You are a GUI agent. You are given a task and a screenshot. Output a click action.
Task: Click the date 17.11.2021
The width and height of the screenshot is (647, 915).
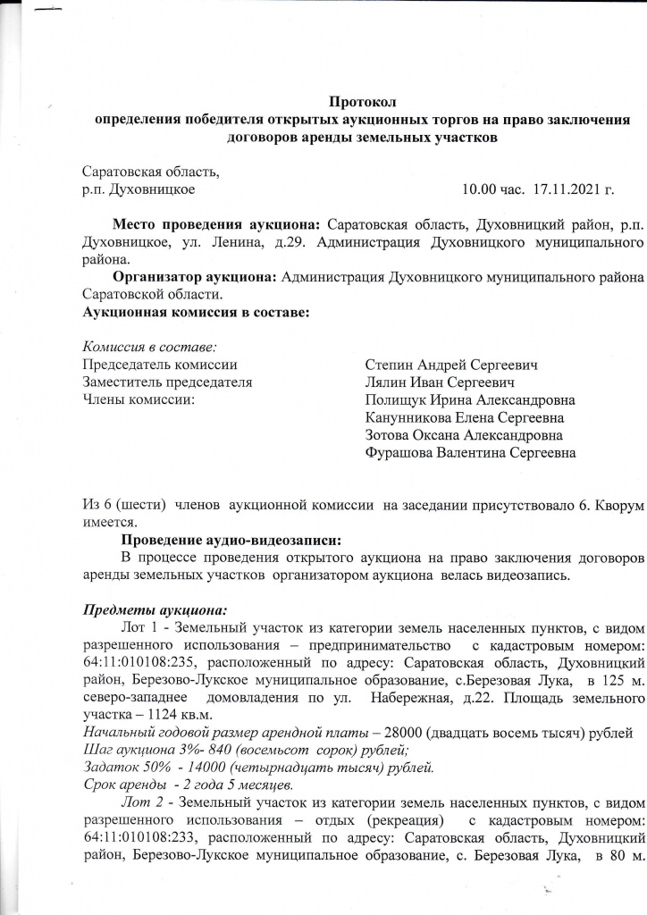pyautogui.click(x=572, y=189)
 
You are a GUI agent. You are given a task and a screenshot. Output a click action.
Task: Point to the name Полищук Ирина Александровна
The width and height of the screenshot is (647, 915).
pyautogui.click(x=470, y=399)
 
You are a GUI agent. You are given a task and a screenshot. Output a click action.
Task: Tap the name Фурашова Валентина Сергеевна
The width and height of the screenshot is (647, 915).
pyautogui.click(x=470, y=453)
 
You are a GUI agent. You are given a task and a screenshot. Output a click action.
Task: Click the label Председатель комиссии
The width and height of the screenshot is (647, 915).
pyautogui.click(x=160, y=365)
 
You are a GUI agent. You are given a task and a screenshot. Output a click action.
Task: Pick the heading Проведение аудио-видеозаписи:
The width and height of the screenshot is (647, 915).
pyautogui.click(x=231, y=541)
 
